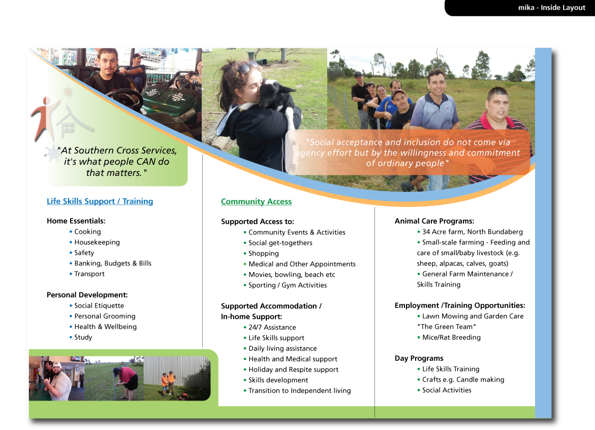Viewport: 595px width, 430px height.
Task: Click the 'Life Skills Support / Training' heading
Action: click(100, 201)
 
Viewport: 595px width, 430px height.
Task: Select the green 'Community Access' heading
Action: click(256, 201)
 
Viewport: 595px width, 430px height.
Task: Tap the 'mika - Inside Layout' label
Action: click(552, 7)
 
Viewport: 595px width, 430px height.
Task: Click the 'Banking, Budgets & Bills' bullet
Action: click(113, 263)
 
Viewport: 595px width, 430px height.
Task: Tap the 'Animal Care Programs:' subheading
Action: click(434, 221)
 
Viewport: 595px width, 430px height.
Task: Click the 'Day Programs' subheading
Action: click(419, 358)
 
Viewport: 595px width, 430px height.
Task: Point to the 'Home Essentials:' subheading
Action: click(76, 221)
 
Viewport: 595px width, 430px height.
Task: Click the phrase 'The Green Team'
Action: click(447, 327)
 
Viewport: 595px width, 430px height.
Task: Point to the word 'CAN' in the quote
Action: click(146, 162)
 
